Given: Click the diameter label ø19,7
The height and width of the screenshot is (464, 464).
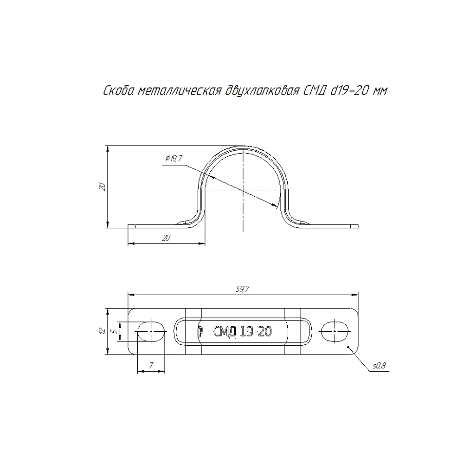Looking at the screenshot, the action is pos(174,159).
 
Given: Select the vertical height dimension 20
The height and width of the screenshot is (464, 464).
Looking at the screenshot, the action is pos(103,187).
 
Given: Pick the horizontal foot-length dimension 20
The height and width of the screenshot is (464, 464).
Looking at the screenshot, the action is pos(166,238).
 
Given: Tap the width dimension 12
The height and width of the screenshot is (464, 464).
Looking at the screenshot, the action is pos(103,331).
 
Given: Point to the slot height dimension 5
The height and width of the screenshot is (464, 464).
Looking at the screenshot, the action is pos(114,331).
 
